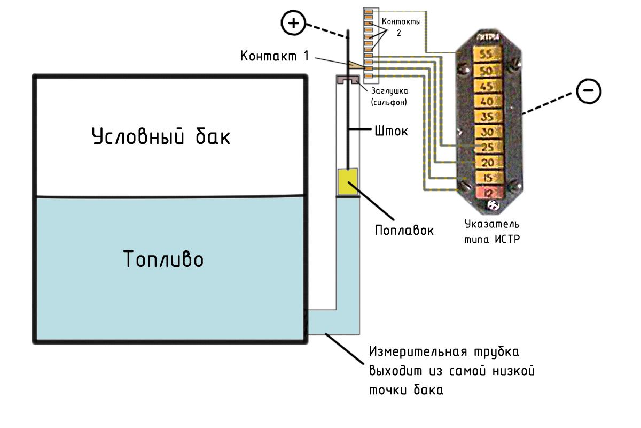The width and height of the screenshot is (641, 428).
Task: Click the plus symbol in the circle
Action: point(293,23)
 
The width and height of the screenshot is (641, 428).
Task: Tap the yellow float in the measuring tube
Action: point(347,182)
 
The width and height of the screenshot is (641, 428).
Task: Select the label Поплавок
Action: point(404,230)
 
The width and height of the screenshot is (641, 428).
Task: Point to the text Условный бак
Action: point(161,136)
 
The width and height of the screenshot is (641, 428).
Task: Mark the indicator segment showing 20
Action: point(486,163)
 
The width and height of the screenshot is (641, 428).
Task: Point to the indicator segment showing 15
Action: point(486,178)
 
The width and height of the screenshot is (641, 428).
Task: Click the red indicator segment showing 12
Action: point(486,192)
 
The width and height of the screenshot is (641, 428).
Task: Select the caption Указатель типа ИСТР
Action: point(492,231)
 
